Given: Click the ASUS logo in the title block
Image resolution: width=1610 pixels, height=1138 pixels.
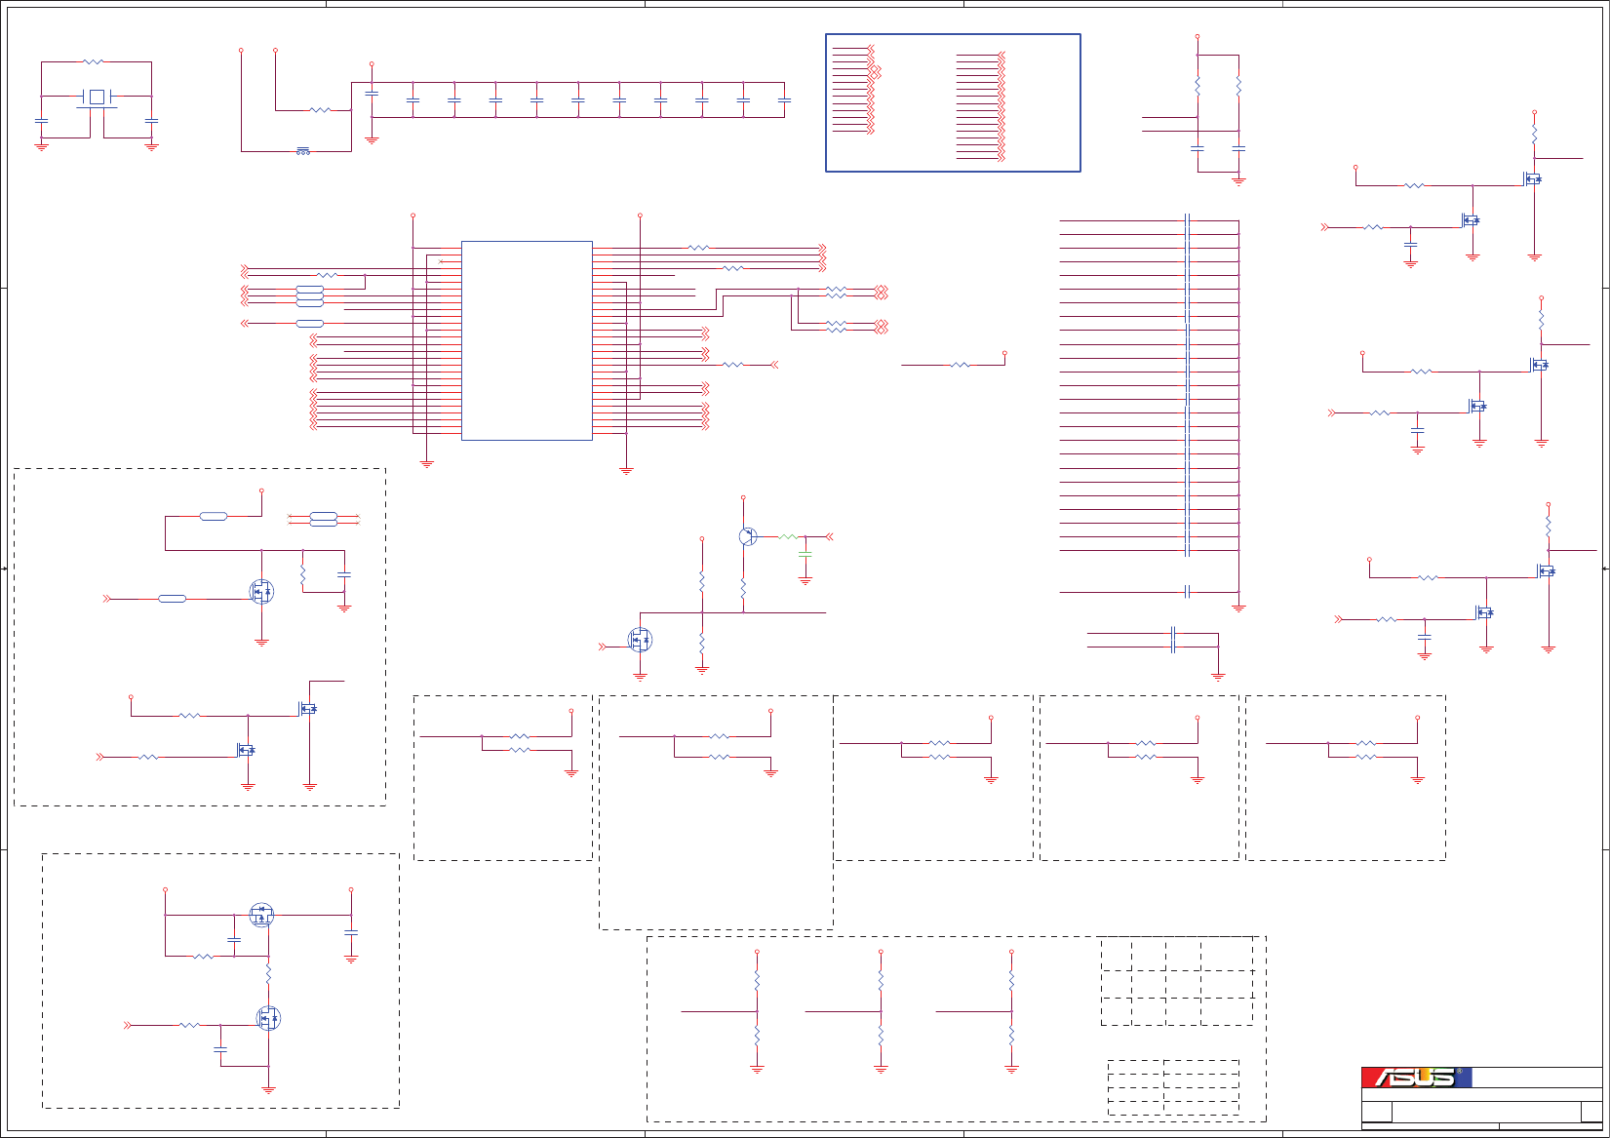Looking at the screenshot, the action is (1416, 1078).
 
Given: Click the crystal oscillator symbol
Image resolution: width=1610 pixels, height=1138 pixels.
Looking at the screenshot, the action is (97, 97).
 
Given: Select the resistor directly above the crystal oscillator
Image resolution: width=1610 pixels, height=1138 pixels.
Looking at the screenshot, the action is (93, 62).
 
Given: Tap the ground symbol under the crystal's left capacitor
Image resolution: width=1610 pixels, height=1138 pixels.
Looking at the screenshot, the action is (41, 146).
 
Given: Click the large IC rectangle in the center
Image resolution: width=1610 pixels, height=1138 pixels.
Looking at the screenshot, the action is (527, 340).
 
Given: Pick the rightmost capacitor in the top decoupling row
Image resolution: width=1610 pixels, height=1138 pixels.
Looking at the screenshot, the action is (784, 100).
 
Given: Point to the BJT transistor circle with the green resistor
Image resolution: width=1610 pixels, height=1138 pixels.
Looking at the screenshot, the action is (748, 536).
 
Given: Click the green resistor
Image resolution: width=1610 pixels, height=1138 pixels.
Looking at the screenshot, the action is (788, 536).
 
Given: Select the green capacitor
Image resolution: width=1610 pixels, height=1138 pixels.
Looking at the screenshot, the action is (805, 555).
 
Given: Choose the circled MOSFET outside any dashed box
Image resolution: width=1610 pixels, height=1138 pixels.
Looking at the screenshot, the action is (640, 640).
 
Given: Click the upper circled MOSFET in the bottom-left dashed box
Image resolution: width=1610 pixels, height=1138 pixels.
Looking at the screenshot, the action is (261, 915).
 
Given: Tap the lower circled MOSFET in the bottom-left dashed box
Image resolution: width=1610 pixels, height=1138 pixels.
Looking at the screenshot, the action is (268, 1018).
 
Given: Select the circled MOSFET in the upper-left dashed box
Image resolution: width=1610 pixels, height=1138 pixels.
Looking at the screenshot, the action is (261, 591).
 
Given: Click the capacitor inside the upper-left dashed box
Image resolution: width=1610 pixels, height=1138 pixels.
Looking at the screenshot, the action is (344, 575).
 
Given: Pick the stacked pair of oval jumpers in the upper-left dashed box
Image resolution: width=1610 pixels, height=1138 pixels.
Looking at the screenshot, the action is (323, 519).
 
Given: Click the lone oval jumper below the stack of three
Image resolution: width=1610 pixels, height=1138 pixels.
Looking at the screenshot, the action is (309, 323).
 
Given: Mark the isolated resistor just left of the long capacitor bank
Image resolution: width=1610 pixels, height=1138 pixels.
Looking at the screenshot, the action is (961, 365).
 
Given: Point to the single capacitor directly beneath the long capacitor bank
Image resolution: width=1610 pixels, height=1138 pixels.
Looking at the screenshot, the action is (1187, 592).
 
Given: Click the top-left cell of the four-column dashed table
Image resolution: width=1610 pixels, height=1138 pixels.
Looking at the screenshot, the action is (1117, 954).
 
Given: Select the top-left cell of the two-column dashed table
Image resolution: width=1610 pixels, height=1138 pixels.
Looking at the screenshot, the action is (1136, 1067).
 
